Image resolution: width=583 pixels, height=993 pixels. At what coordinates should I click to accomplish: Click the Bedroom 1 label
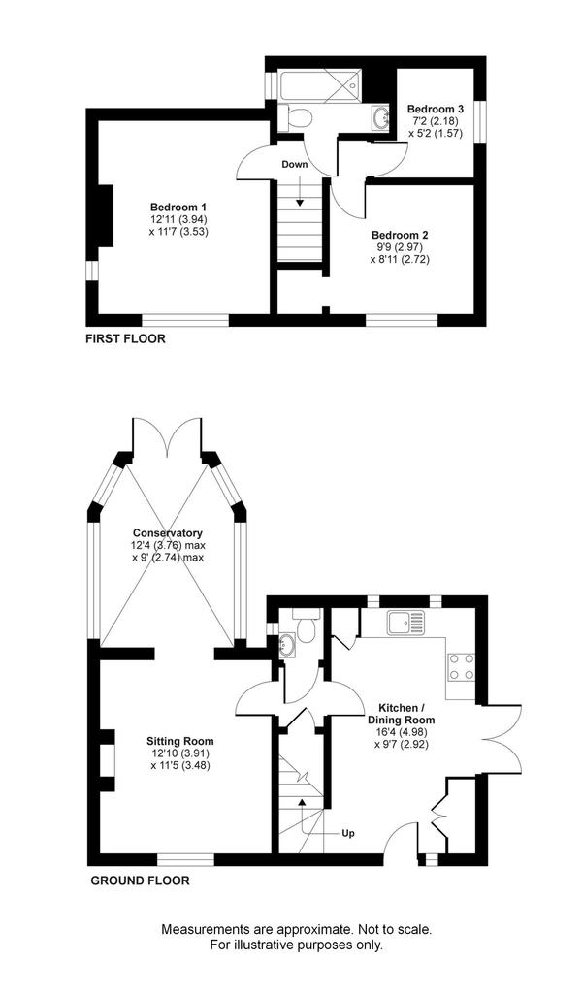pos(178,208)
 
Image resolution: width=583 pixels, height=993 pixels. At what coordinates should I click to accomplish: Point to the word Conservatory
pos(167,533)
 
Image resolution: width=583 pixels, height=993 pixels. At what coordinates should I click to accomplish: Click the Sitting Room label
pos(180,741)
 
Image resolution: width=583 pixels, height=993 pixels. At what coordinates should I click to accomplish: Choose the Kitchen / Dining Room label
pos(402,714)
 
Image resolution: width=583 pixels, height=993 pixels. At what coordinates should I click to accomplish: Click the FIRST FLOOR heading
pos(125,338)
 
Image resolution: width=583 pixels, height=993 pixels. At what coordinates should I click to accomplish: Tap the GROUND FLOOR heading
pos(140,881)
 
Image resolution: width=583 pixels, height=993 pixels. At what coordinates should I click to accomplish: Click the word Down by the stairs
pos(295,165)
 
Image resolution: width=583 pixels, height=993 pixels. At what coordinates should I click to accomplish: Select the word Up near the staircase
pos(348,833)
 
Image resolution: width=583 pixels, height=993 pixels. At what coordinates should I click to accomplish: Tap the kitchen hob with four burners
pos(462,667)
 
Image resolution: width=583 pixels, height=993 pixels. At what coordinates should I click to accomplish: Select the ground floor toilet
pos(307,625)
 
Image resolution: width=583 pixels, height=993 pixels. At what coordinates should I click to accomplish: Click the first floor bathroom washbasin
pos(382,117)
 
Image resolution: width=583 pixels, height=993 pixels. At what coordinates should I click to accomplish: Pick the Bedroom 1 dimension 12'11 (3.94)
pos(179,220)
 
